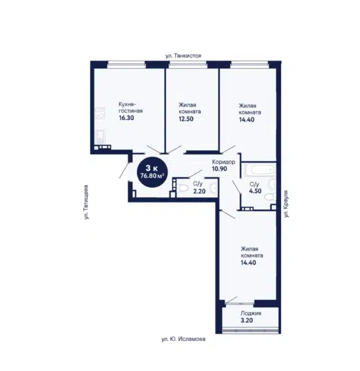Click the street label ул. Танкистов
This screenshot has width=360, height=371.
click(184, 56)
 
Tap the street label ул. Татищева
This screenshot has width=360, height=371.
click(87, 202)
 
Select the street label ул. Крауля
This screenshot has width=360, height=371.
click(286, 203)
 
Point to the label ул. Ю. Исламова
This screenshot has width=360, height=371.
click(184, 339)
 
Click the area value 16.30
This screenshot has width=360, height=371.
click(126, 118)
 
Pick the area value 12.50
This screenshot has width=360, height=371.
click(186, 119)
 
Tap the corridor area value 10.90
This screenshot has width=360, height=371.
click(219, 169)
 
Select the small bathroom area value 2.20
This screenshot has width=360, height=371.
click(200, 191)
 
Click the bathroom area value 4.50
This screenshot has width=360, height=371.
click(255, 191)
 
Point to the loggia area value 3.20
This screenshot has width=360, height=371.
click(246, 320)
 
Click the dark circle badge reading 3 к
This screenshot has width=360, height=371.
click(153, 172)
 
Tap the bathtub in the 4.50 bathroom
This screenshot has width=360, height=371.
click(260, 169)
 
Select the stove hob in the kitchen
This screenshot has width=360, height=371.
click(100, 112)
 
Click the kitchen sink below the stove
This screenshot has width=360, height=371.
click(100, 137)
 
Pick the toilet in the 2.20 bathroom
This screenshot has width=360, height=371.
click(182, 188)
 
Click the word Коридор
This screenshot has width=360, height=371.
click(223, 162)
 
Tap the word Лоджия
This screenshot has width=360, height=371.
click(251, 313)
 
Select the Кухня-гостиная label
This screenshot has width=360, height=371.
click(130, 108)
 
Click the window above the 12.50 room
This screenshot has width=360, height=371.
click(188, 65)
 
